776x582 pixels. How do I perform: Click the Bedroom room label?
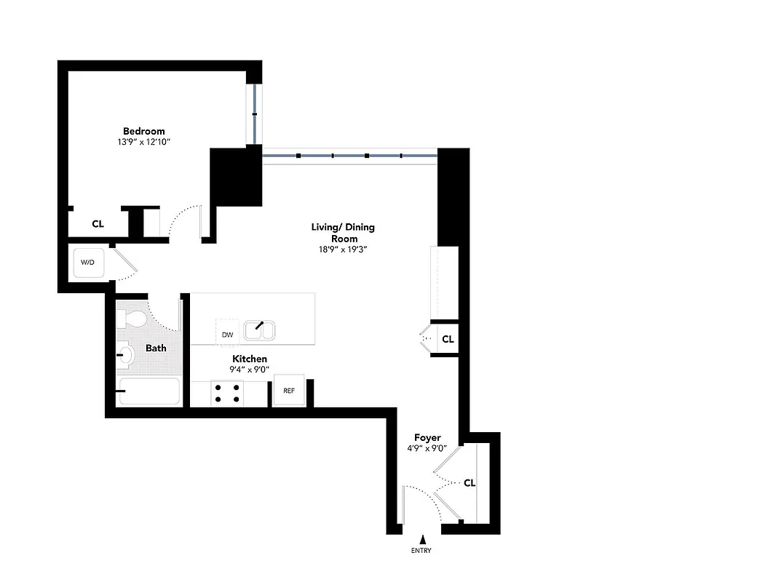143,131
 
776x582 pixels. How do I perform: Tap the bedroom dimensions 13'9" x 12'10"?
143,142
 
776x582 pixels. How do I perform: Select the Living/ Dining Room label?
343,233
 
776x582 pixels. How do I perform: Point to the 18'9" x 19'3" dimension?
343,250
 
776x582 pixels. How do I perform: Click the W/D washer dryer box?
87,263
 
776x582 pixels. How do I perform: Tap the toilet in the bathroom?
132,319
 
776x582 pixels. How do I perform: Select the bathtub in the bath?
149,391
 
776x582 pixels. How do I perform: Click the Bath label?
156,348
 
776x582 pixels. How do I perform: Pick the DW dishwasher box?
227,334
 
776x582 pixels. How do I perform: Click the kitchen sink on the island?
258,330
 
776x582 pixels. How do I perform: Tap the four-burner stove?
227,393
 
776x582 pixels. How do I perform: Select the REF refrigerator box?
289,391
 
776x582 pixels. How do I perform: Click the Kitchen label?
250,359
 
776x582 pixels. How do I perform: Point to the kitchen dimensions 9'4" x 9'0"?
250,369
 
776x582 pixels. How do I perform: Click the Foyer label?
427,437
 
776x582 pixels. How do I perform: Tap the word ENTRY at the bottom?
421,551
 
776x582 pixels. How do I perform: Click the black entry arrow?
421,538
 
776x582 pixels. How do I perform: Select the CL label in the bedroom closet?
98,224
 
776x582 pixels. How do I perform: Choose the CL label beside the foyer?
470,482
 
